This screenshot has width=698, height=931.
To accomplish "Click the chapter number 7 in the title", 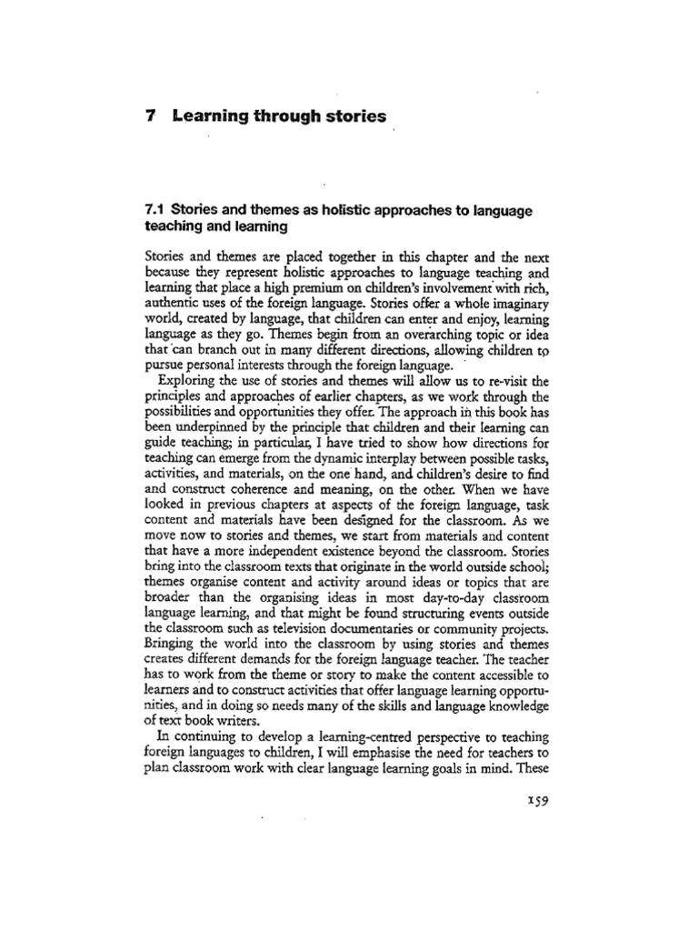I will click(150, 117).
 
